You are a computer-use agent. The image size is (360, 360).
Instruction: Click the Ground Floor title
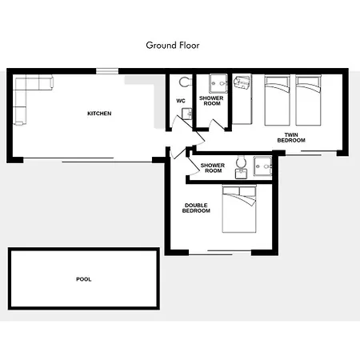(x=173, y=46)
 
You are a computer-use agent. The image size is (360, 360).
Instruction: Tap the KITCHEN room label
(x=99, y=114)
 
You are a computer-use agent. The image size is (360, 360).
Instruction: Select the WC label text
(x=181, y=101)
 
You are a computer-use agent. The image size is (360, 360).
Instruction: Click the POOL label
(x=84, y=279)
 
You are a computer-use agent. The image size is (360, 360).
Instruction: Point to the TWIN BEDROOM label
(x=291, y=138)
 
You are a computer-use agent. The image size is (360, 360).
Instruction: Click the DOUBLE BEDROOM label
(x=196, y=208)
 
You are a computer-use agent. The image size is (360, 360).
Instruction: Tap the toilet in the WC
(x=185, y=82)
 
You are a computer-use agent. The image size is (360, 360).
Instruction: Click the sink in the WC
(x=187, y=114)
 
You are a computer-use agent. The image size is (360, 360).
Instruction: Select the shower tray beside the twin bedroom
(x=218, y=83)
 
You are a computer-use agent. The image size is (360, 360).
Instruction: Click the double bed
(x=239, y=209)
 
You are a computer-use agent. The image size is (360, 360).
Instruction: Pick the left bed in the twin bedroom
(x=277, y=101)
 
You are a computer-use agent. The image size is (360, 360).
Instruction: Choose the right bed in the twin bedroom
(x=308, y=101)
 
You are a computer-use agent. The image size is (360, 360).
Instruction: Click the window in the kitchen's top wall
(x=107, y=71)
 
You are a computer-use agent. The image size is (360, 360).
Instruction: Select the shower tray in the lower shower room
(x=262, y=166)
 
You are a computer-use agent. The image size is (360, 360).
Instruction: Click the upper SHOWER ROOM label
(x=211, y=101)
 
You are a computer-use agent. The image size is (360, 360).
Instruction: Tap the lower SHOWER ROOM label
(x=213, y=168)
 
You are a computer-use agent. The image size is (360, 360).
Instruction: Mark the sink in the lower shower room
(x=241, y=174)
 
